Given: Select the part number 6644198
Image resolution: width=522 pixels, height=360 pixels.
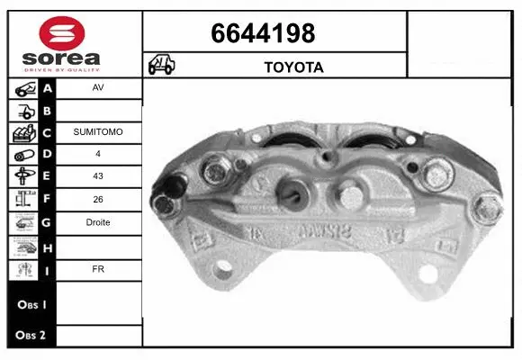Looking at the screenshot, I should coord(263,33).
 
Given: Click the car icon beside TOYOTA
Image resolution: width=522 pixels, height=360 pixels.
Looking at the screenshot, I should coord(161,66).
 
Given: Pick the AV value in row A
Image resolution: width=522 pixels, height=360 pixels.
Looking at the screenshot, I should coord(98,88).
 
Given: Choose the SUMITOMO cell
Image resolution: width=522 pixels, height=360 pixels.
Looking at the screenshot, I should coord(98,132).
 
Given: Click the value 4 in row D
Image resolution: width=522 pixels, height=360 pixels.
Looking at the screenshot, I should coord(98,155).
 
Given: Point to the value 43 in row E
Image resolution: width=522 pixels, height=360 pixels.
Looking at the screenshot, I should coord(98,177).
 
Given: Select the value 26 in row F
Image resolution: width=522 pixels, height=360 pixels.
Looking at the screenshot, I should coord(98,200).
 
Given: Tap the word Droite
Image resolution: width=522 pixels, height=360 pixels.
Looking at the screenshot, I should coord(98,222).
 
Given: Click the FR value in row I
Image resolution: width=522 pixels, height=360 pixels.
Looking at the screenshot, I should coord(98,267).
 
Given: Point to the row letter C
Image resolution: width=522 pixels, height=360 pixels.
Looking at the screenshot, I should coord(48,132).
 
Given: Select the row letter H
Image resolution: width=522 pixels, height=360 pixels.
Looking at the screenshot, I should coord(48,245).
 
